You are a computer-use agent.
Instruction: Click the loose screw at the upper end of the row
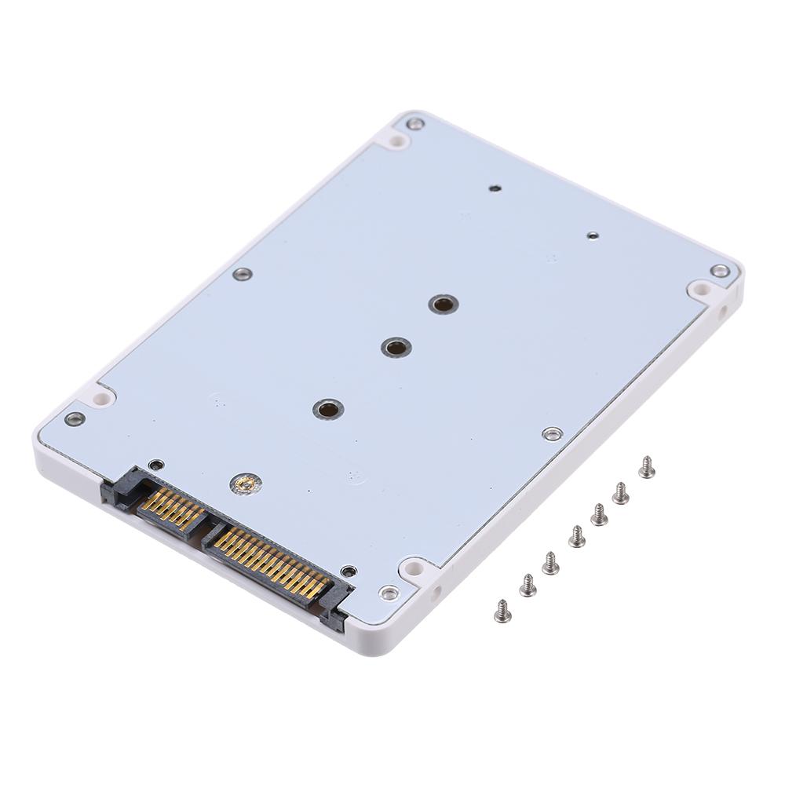pos(647,468)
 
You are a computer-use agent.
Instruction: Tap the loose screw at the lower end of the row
pos(502,611)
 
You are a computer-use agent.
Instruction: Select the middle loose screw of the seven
pos(577,537)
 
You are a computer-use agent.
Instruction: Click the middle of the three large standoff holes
pos(396,347)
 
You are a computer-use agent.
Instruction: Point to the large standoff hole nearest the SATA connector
pos(327,409)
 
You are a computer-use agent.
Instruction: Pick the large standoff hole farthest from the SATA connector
pos(444,304)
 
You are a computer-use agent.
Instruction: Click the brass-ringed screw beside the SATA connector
pos(246,484)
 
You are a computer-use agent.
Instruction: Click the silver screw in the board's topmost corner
pos(415,123)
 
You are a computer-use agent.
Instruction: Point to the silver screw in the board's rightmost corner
pos(719,271)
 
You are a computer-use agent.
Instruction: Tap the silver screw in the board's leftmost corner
pos(75,418)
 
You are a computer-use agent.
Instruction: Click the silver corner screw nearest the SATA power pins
pos(389,593)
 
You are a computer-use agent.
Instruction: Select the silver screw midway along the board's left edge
pos(243,274)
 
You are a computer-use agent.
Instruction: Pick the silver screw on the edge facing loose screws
pos(553,433)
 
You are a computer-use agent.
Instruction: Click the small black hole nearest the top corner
pos(495,188)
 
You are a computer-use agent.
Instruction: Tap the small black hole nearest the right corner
pos(593,235)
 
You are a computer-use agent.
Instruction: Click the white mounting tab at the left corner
pos(101,397)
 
